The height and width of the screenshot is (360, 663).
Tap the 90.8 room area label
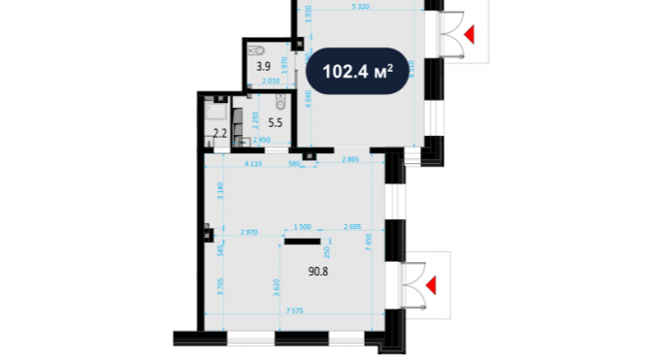291,273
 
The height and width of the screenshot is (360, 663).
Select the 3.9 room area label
262,67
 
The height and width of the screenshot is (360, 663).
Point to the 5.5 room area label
275,123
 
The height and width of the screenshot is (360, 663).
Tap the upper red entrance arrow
470,35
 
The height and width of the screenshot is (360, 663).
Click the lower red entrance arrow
431,284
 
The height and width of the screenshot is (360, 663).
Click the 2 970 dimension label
249,233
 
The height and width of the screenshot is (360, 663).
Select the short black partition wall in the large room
303,241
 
